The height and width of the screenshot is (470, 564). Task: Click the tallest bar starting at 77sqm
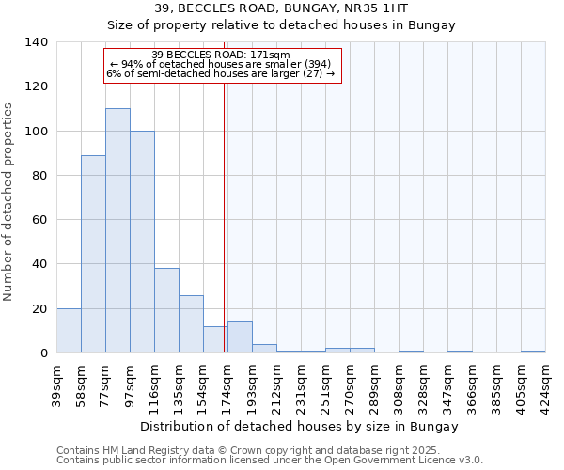coord(117,230)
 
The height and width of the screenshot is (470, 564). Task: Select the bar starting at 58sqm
coord(93,254)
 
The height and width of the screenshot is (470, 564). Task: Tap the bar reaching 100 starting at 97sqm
coord(142,242)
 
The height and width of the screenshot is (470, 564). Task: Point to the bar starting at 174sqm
coord(240,337)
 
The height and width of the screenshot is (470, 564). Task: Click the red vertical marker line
coord(224,216)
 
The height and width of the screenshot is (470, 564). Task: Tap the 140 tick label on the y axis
coord(37,42)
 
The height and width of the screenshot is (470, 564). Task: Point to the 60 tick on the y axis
coord(40,220)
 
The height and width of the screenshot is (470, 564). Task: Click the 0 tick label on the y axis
coord(44,353)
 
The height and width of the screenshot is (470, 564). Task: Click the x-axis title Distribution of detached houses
coord(300,427)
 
